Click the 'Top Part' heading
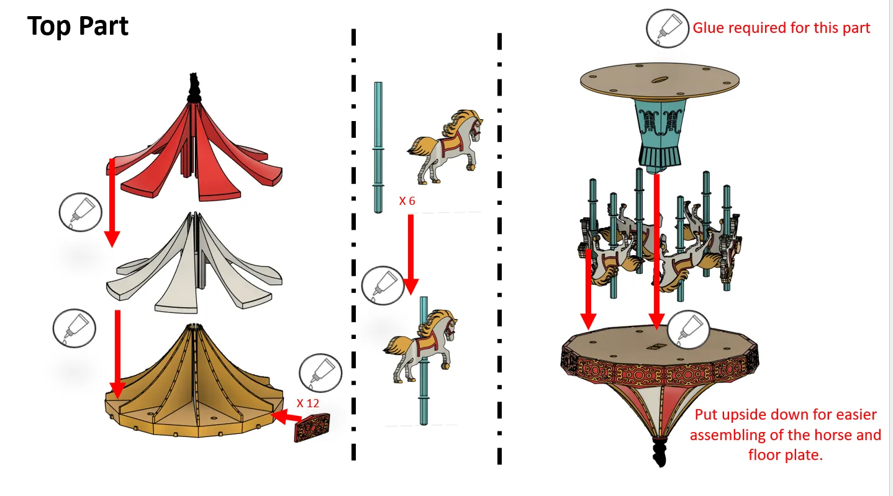tap(78, 27)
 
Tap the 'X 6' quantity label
tap(407, 201)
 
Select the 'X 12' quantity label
tap(307, 402)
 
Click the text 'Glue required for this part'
tap(781, 28)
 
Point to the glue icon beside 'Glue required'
tap(668, 29)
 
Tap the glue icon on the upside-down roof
tap(688, 330)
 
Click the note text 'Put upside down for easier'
tap(786, 415)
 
